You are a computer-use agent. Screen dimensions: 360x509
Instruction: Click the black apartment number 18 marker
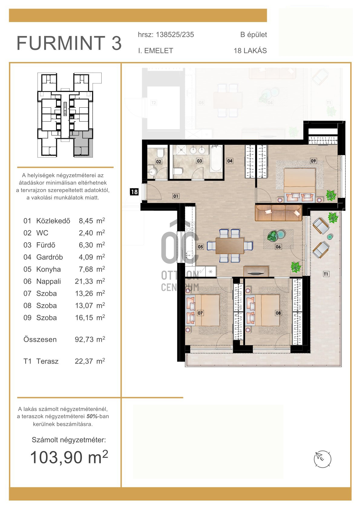(134, 192)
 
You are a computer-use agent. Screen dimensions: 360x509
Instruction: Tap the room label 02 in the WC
(159, 162)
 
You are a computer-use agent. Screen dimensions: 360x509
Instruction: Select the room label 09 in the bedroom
(313, 161)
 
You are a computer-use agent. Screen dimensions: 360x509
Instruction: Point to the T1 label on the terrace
(326, 274)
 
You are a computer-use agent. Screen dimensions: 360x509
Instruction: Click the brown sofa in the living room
(279, 213)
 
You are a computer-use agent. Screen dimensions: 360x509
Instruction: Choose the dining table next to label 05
(230, 246)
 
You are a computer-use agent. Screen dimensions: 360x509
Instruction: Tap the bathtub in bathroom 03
(216, 159)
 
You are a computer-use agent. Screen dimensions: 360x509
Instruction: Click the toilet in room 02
(160, 153)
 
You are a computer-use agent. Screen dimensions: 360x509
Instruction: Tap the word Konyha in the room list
(48, 269)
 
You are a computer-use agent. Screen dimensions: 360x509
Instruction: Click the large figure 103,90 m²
(69, 457)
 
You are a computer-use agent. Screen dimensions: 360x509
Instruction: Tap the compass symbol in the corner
(322, 459)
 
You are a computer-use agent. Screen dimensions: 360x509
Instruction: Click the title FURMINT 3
(69, 43)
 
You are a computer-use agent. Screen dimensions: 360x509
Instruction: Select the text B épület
(254, 35)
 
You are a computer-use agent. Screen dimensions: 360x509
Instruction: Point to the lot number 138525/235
(175, 35)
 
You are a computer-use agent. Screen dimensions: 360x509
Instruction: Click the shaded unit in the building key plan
(81, 144)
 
